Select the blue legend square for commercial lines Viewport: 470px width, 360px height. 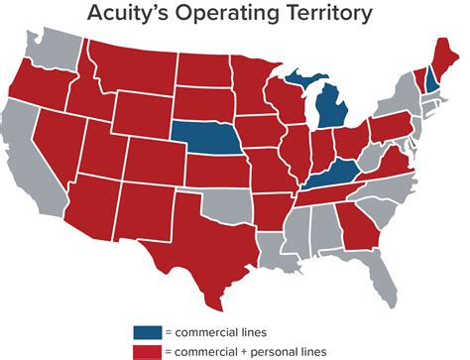143,330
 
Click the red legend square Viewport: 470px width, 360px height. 143,350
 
